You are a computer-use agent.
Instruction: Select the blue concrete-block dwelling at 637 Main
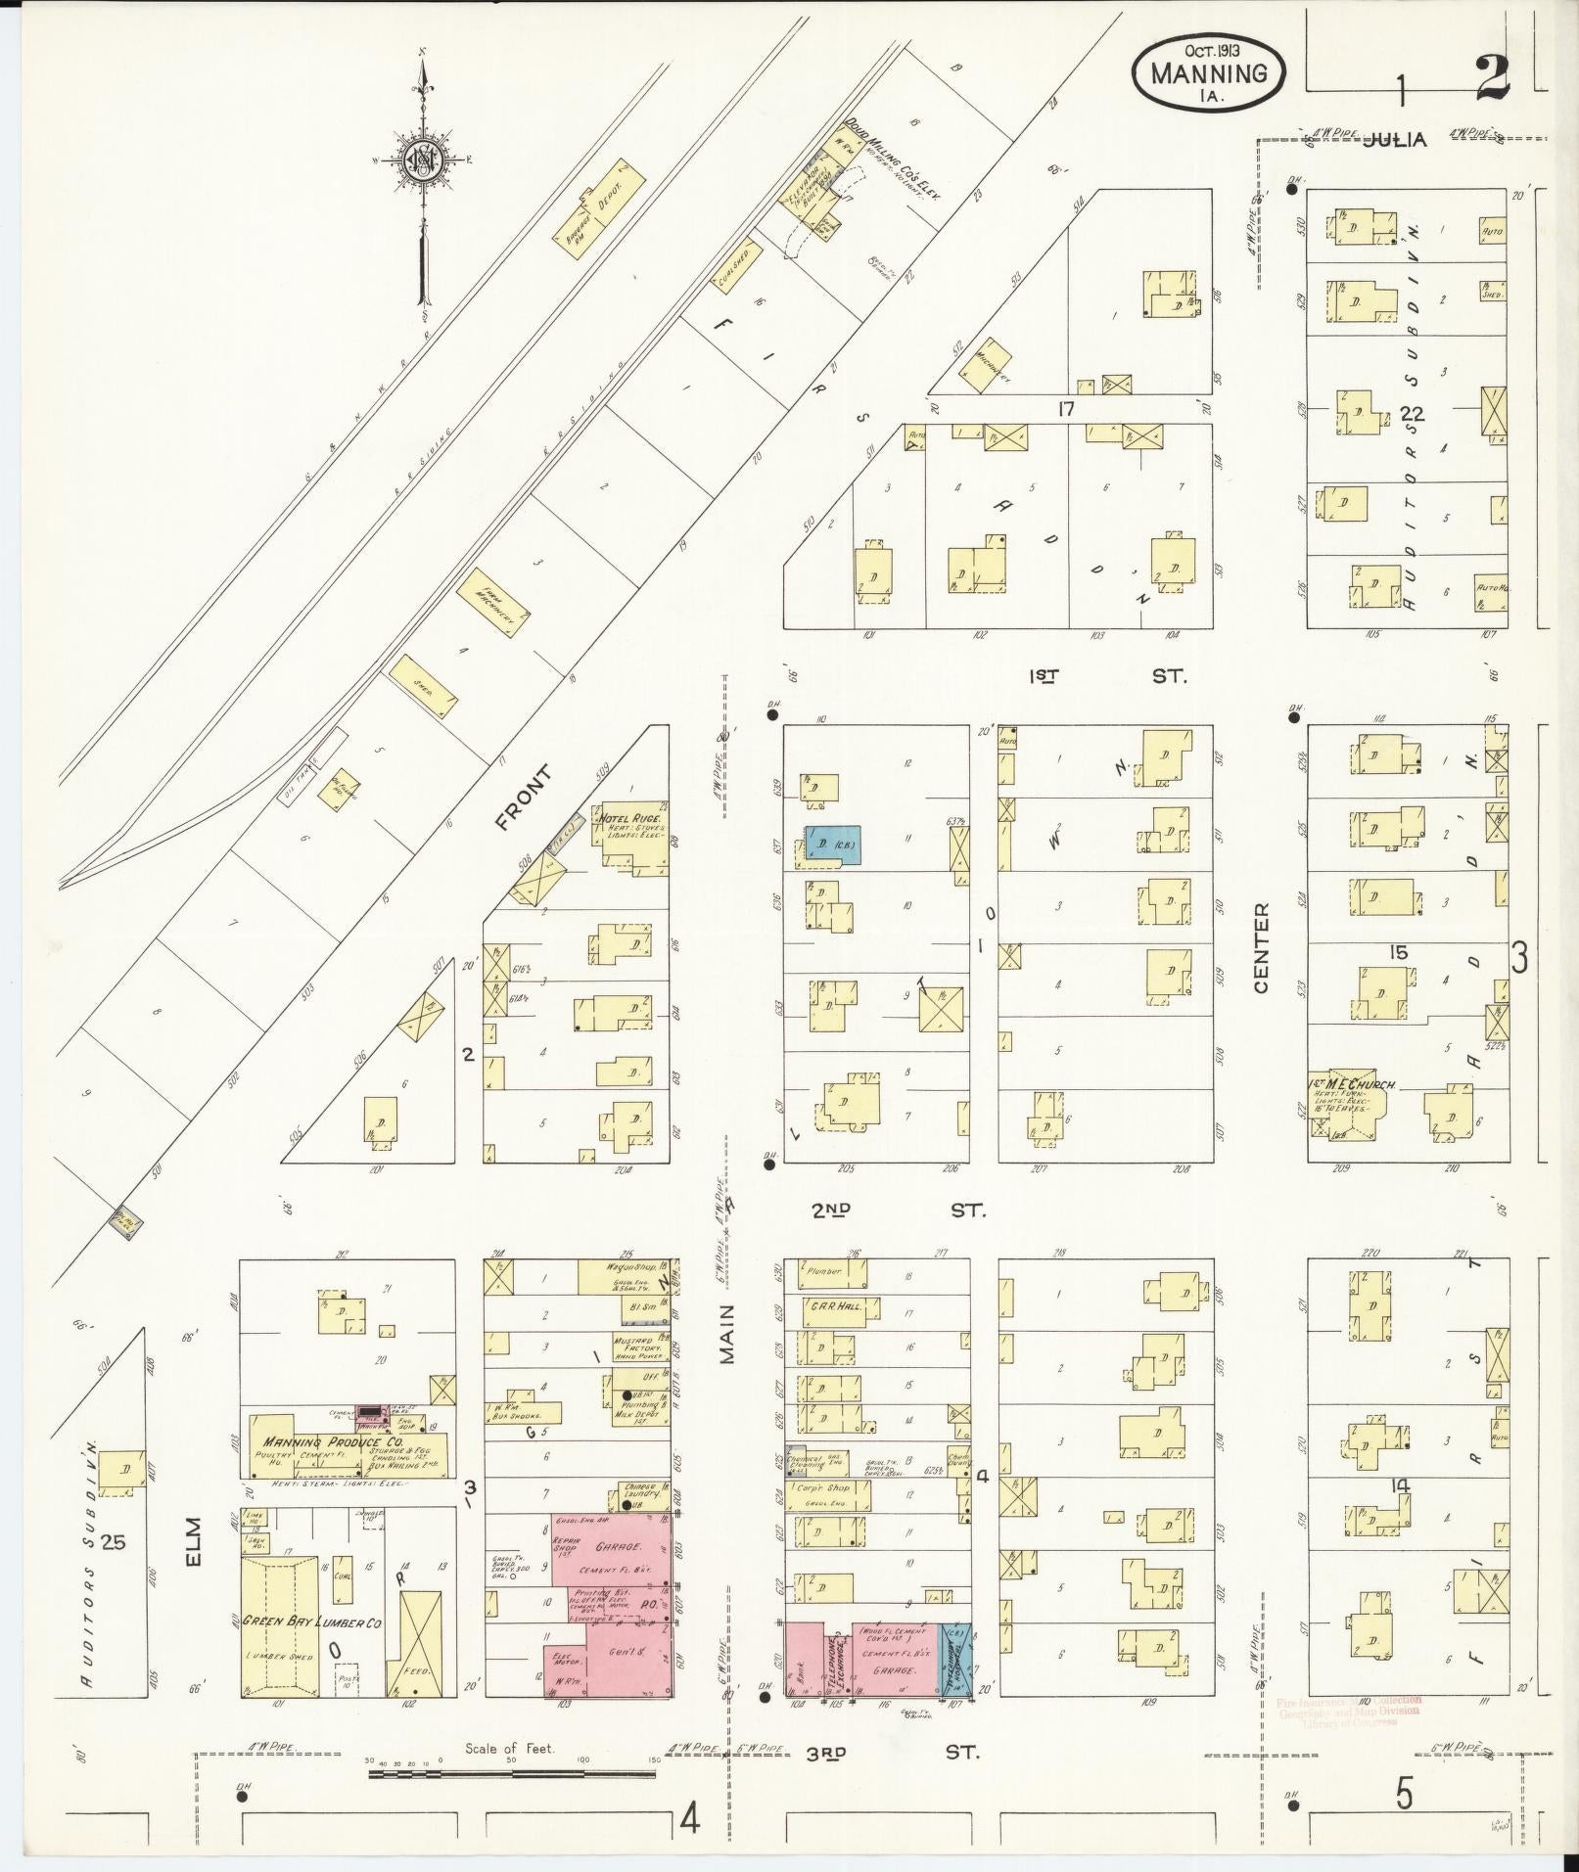(832, 844)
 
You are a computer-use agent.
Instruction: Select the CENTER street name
(1261, 947)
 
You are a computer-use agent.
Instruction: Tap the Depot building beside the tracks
(598, 197)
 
